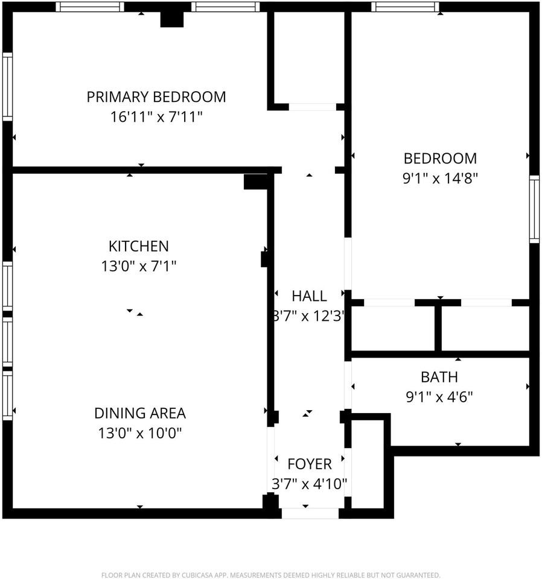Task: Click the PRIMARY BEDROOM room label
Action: click(156, 96)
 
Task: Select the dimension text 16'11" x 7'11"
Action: click(156, 116)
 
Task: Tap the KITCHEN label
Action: click(138, 246)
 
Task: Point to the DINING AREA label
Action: click(139, 413)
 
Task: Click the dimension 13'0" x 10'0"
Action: click(139, 433)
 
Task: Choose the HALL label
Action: click(309, 296)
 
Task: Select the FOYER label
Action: click(309, 464)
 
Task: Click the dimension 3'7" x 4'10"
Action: click(309, 483)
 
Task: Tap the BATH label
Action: click(439, 378)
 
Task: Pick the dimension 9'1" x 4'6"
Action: click(439, 397)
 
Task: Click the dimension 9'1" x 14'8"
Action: click(440, 179)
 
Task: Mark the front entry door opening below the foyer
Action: click(310, 513)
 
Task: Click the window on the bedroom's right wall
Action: click(534, 209)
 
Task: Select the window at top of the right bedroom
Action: click(405, 7)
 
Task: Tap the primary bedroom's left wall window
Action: click(7, 87)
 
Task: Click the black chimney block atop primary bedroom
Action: click(172, 19)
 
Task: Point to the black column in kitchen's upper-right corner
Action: click(255, 182)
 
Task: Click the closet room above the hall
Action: click(309, 57)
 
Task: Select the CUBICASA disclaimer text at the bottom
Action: click(270, 575)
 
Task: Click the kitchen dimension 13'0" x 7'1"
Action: click(138, 266)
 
